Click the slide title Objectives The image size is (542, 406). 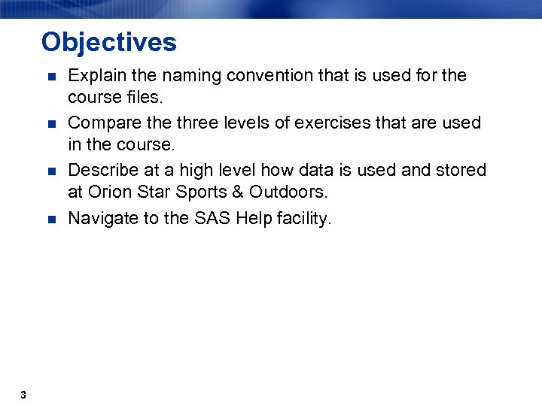coord(109,42)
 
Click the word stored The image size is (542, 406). coord(461,170)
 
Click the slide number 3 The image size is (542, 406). coord(24,395)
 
